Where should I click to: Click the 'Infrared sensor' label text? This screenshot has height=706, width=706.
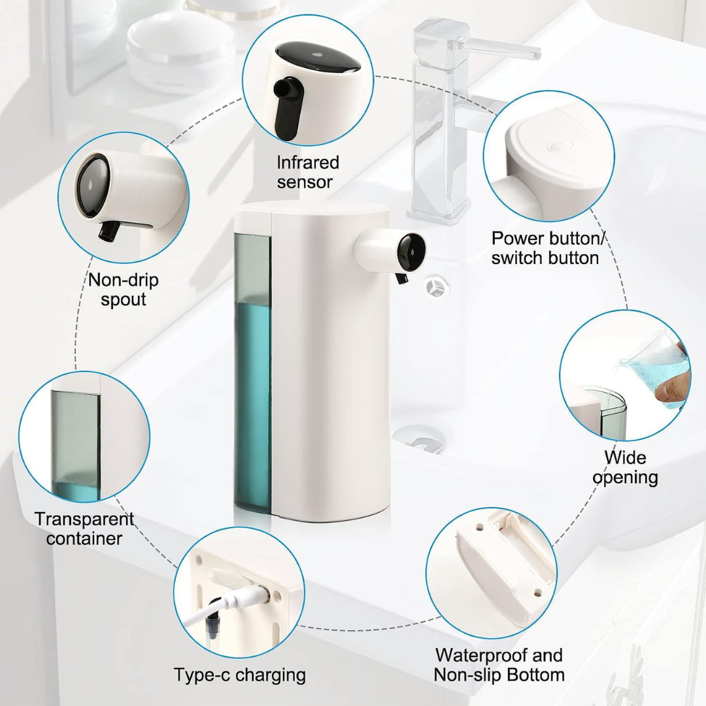[308, 172]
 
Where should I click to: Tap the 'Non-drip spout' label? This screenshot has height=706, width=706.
[124, 290]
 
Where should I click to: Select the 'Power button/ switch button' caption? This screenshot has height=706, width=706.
[545, 248]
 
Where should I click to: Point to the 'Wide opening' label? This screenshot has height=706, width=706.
[625, 467]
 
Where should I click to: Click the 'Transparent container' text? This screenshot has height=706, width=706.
[84, 528]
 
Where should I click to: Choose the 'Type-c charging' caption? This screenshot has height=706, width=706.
[239, 674]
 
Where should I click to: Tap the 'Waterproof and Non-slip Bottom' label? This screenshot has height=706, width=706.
[499, 665]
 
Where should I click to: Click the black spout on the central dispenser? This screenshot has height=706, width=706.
[401, 278]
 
